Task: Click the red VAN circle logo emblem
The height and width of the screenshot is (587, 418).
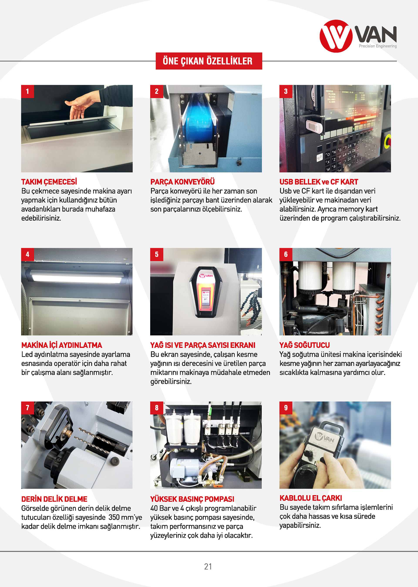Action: pos(336,36)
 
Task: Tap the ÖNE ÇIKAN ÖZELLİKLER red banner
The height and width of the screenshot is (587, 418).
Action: pos(209,61)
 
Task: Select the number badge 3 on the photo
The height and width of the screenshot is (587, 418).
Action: pos(286,92)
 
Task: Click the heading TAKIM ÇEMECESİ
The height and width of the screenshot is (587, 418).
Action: pos(49,182)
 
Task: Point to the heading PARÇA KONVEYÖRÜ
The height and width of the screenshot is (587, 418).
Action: pos(182,182)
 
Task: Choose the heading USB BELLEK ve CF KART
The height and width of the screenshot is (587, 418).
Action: pos(319,182)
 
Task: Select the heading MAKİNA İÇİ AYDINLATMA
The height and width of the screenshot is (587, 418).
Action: pos(62,345)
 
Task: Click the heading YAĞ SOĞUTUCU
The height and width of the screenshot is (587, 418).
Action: pos(305,345)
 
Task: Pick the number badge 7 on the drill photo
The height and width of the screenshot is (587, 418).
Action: pos(28,408)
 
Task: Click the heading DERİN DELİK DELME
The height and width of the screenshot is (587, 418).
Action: pos(54,499)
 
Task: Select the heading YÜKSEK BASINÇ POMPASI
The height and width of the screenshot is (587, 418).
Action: pos(192,499)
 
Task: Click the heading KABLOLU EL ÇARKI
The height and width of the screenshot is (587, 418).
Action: pos(311,498)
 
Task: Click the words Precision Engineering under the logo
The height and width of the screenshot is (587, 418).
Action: pos(378,46)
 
